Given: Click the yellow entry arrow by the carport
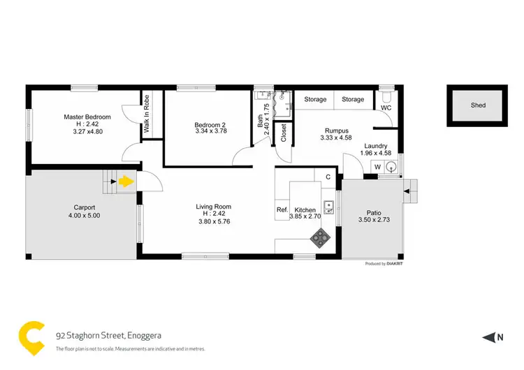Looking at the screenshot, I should (x=125, y=182).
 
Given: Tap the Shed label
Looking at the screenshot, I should (x=478, y=105).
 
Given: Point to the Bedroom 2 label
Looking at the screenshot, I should (x=210, y=125).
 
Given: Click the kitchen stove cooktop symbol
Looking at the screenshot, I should (x=320, y=239).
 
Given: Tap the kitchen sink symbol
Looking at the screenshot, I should (x=328, y=206).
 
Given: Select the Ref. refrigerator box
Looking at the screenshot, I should (x=282, y=209).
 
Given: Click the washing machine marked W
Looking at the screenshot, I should (x=377, y=167).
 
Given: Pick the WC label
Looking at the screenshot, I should (x=386, y=108).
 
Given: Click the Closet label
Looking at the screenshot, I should (x=284, y=133).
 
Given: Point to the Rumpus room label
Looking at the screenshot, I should (x=337, y=130).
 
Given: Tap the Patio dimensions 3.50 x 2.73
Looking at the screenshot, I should (x=372, y=220).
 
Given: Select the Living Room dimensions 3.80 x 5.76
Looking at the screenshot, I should (x=214, y=221).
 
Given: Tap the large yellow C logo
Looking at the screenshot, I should (x=31, y=336).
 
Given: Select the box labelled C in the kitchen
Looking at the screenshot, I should (x=328, y=177).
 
